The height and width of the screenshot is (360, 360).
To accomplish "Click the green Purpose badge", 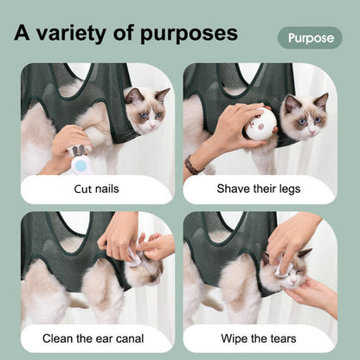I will tap(310, 38).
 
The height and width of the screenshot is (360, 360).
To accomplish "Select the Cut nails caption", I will tap(97, 189).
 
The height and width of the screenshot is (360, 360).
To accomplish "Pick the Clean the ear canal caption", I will tap(97, 337).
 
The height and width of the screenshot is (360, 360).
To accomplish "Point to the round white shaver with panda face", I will tap(257, 123).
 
